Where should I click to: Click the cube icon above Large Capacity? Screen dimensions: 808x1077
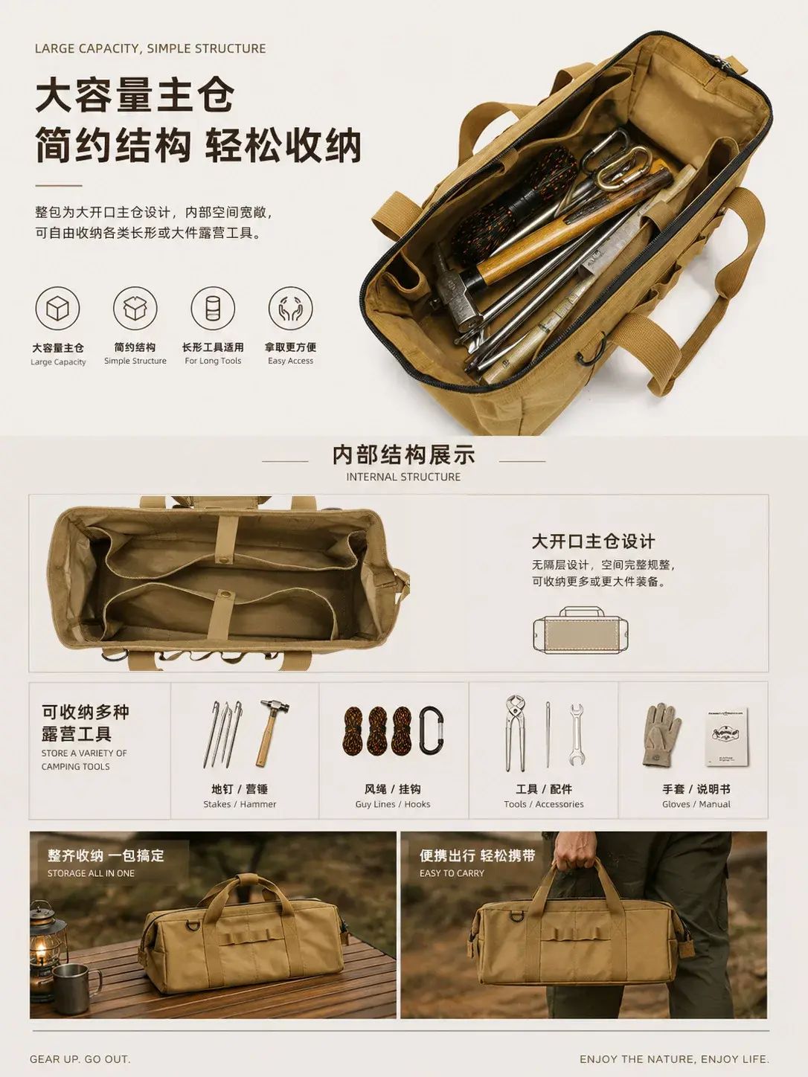(57, 309)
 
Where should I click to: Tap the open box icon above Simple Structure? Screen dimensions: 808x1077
(135, 308)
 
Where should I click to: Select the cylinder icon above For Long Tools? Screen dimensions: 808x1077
(213, 308)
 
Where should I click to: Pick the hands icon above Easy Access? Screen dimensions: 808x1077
(290, 308)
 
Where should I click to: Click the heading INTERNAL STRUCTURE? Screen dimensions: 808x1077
(403, 477)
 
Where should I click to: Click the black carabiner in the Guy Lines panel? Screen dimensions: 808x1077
(432, 731)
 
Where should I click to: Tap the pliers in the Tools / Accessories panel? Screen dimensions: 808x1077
(515, 732)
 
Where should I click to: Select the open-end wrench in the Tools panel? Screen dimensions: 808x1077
(577, 735)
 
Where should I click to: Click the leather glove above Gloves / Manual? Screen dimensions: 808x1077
(661, 735)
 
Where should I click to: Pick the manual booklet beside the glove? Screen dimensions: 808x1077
(728, 737)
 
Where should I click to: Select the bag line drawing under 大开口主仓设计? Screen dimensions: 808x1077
(580, 631)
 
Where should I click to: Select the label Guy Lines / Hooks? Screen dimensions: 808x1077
(393, 804)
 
